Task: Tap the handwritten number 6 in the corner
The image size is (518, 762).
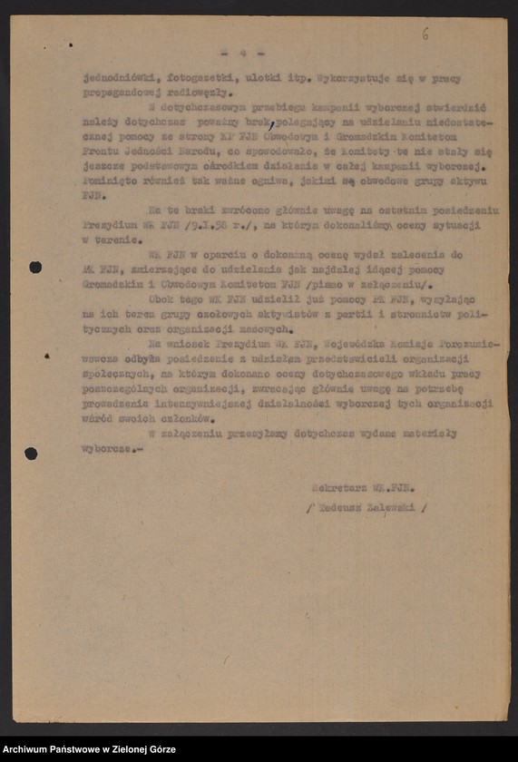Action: click(425, 34)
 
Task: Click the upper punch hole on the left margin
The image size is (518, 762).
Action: click(35, 267)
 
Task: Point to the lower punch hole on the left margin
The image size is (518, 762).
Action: click(31, 453)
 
